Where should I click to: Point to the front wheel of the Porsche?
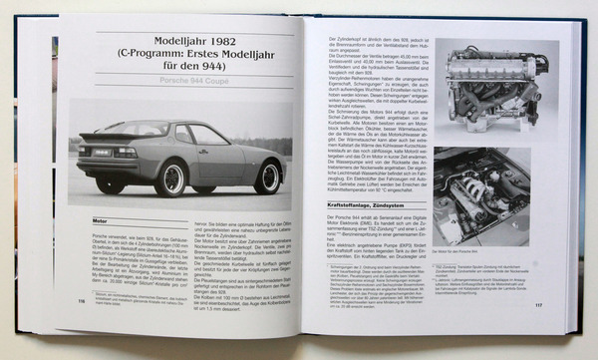click(266, 176)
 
